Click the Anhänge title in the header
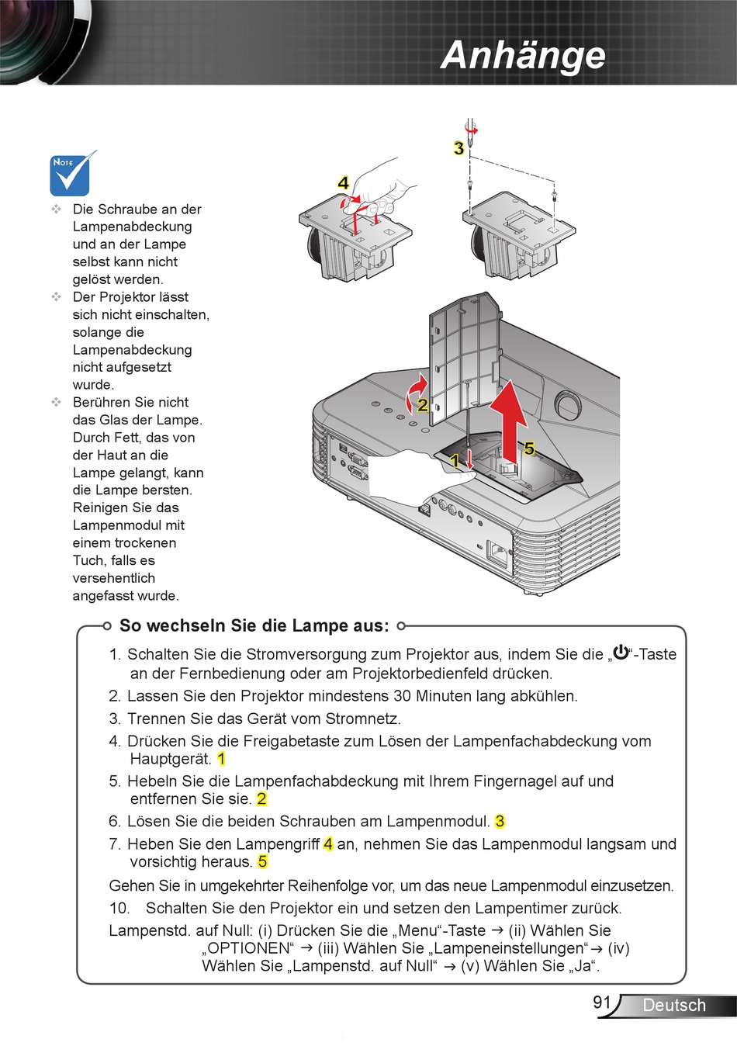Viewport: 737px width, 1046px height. click(x=523, y=55)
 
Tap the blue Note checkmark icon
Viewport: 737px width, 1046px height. click(x=72, y=174)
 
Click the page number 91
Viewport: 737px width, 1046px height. click(x=602, y=1002)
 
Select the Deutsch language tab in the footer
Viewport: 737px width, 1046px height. click(x=674, y=1005)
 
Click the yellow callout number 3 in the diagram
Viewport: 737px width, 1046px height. click(x=458, y=148)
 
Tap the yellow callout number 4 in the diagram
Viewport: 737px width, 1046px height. click(x=343, y=183)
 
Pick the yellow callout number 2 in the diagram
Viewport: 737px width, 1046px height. click(x=422, y=404)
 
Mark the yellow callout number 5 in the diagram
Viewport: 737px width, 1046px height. click(x=529, y=449)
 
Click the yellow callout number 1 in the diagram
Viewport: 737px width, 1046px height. click(x=455, y=461)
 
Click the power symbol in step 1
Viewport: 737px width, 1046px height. click(x=621, y=653)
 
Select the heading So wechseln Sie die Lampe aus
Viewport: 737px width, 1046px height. click(x=254, y=626)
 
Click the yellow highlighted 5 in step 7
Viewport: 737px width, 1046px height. click(x=263, y=861)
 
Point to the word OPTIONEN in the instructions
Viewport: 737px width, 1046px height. click(x=248, y=948)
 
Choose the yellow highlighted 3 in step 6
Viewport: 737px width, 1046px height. click(x=500, y=821)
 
